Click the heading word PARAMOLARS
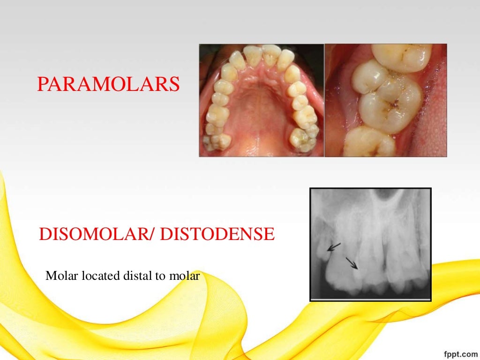pos(108,84)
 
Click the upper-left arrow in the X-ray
pos(334,246)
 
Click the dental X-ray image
pos(370,244)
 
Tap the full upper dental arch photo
pos(261,100)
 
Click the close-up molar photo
pos(386,100)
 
